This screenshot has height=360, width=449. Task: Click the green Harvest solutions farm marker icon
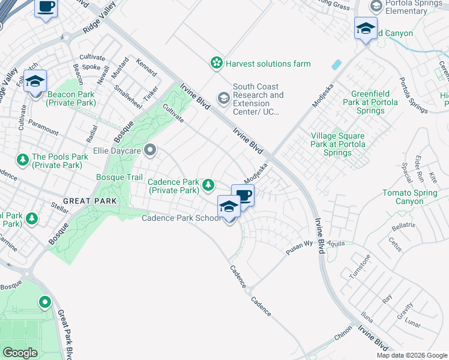(215, 63)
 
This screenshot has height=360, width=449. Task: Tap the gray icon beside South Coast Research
(224, 97)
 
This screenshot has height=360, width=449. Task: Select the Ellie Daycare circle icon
(149, 149)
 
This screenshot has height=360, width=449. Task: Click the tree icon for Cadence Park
(208, 184)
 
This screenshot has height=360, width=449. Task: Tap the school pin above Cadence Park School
(229, 208)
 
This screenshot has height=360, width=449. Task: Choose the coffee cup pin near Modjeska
(243, 195)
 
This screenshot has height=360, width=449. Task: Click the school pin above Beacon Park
(35, 82)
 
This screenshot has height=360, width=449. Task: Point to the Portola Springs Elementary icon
(376, 6)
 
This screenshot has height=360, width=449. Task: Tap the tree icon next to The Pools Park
(23, 160)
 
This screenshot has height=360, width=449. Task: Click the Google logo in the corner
(20, 353)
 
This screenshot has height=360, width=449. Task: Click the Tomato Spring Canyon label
(415, 197)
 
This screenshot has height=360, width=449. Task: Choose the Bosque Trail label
(119, 177)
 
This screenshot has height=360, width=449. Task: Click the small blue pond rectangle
(336, 64)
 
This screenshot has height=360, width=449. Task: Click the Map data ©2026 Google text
(412, 355)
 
